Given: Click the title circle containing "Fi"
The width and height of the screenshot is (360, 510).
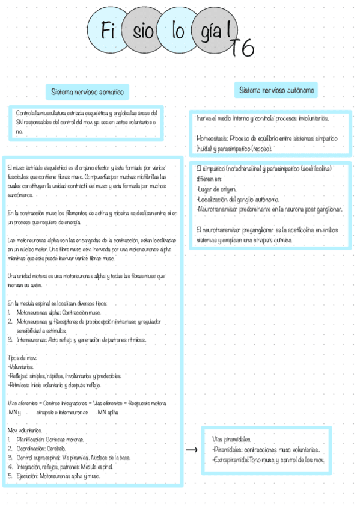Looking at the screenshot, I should click(109, 32).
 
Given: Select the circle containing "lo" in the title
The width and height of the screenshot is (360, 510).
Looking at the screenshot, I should click(178, 32).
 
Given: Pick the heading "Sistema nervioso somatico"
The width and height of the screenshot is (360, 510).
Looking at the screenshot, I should click(87, 93).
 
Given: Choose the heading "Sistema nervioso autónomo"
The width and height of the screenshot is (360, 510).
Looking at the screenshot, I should click(277, 90).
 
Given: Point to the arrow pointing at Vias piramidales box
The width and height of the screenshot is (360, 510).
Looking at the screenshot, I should click(192, 450).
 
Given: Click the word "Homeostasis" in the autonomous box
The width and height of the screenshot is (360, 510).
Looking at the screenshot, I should click(211, 138).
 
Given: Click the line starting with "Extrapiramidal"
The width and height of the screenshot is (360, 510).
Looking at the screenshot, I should click(268, 460).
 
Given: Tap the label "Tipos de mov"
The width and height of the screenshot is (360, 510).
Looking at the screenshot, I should click(23, 357).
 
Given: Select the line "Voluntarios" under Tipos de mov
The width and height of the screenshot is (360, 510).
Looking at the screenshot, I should click(21, 366).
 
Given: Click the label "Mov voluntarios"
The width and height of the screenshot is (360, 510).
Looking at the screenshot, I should click(25, 431).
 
